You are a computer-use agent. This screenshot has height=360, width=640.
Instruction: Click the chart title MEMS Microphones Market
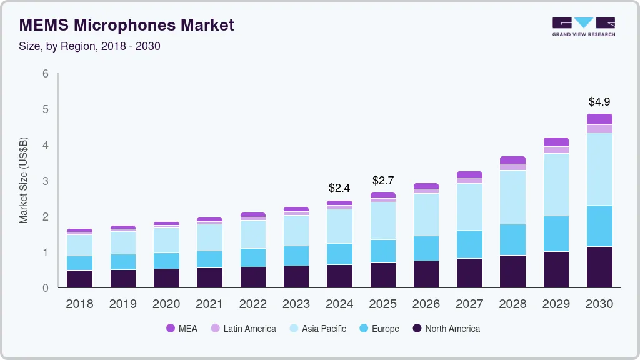coord(127,25)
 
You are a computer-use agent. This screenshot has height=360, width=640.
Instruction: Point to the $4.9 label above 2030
coord(599,101)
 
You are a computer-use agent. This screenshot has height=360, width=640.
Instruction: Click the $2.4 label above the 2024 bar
coord(339,187)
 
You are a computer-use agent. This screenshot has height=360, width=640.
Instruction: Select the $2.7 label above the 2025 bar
coord(382,180)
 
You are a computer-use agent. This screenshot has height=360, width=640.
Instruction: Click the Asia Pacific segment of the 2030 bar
coord(599,169)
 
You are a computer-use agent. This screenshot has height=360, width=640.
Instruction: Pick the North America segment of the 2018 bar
coord(79,279)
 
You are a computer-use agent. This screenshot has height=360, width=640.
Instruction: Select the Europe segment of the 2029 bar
coord(556,234)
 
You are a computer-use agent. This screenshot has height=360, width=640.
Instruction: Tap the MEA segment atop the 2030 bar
coord(599,119)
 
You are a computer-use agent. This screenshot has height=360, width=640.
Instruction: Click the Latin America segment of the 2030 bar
coord(599,129)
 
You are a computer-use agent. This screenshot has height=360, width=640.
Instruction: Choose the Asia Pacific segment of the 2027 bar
coord(469,206)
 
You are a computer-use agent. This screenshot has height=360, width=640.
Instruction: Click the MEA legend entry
coord(182,329)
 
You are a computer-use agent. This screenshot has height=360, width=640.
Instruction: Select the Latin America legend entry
coord(243,329)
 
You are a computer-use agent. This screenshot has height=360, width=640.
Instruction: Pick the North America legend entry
coord(446,329)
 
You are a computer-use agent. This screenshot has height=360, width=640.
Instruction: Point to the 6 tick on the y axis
coord(46,74)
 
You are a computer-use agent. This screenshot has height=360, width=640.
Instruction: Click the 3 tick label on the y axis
coord(46,181)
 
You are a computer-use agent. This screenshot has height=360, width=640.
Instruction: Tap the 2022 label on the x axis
coord(252,304)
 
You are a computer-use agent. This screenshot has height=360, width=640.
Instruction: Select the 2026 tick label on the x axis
coord(426,304)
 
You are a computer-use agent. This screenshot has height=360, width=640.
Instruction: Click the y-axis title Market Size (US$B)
coord(24,181)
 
